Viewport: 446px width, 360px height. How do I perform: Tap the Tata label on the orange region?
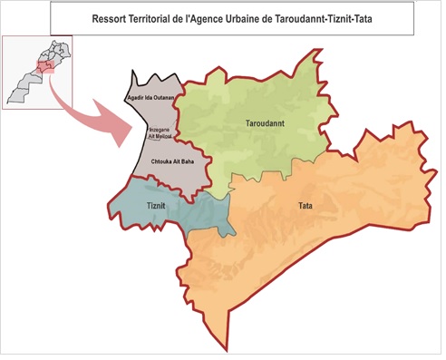[x=305, y=206]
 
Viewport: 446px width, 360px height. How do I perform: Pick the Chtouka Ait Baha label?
[x=170, y=161]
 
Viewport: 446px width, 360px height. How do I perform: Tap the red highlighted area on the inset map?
[x=43, y=64]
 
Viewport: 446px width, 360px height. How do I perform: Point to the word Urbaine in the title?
[x=247, y=18]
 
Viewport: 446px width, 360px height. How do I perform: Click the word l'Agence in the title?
[x=207, y=18]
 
